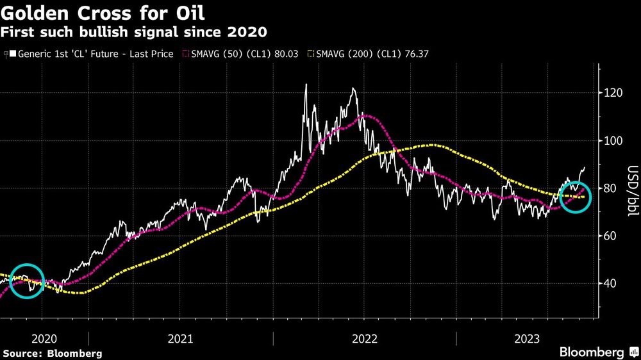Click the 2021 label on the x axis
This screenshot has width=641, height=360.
point(180,338)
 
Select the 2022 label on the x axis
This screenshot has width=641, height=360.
point(364,338)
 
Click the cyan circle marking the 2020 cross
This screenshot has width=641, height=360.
point(26,281)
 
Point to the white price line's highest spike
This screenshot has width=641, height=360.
point(306,85)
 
